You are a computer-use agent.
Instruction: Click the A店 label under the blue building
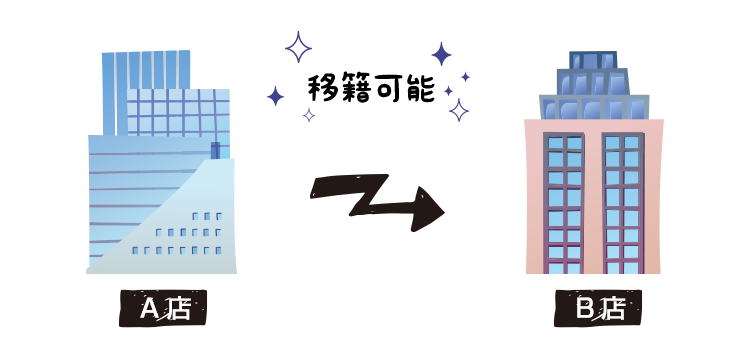coord(163,309)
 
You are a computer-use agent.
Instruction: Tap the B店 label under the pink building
coord(598,309)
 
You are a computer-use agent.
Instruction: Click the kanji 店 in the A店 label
coord(178,309)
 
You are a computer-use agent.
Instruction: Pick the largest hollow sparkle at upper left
coord(298,47)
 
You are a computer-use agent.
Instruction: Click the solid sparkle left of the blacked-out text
coord(275,95)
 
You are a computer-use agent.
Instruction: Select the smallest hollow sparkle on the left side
coord(309,115)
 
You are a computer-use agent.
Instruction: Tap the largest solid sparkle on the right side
coord(441,53)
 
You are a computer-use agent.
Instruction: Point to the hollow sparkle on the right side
coord(459,109)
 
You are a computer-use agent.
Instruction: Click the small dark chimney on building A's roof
coord(215,150)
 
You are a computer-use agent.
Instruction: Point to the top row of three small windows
coord(207,216)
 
